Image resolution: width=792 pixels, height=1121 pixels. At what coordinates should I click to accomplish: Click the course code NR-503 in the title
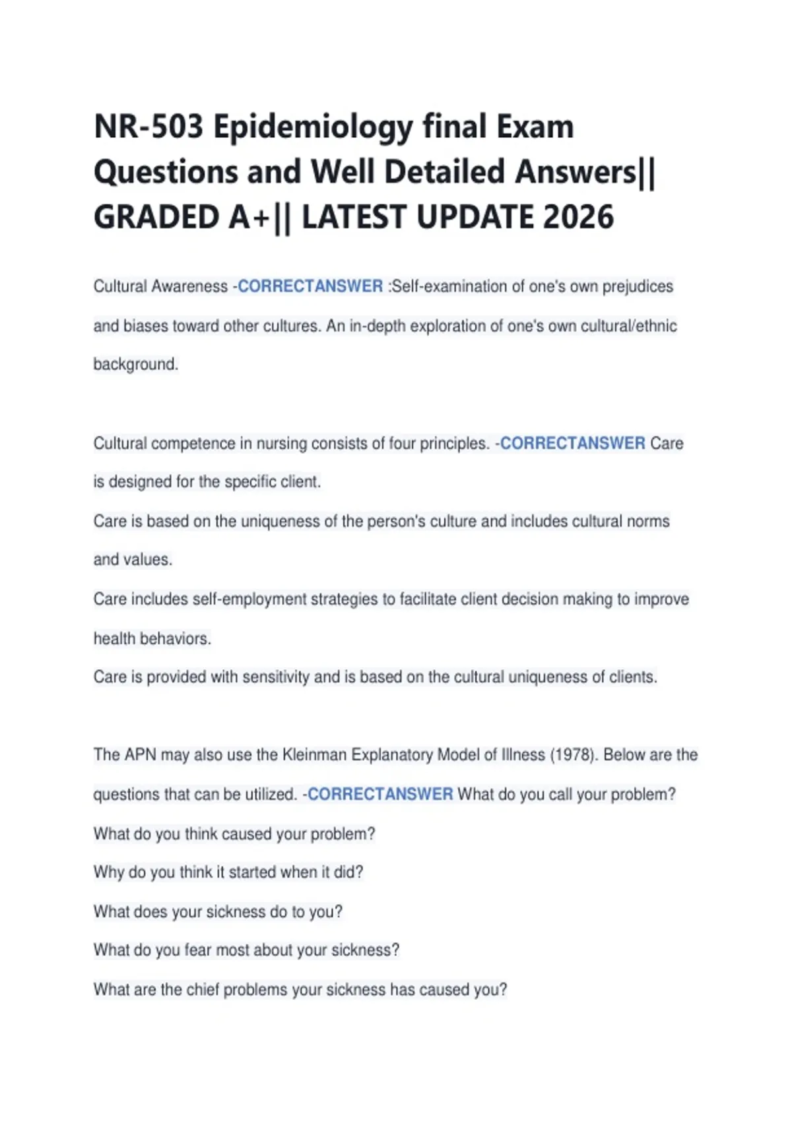(148, 127)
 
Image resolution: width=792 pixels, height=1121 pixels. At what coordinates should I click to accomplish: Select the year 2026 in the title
(578, 218)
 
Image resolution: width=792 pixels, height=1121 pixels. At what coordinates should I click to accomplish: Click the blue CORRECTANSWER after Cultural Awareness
(310, 287)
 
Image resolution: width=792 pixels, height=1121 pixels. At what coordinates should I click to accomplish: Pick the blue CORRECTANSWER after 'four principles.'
(572, 443)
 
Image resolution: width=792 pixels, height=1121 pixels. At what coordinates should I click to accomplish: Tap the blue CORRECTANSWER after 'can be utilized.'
(380, 794)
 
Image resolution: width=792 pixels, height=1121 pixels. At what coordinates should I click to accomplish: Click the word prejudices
(638, 287)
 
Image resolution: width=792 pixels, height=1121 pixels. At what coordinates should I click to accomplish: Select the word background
(135, 364)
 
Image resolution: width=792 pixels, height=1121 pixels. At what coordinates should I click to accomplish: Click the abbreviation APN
(140, 754)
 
